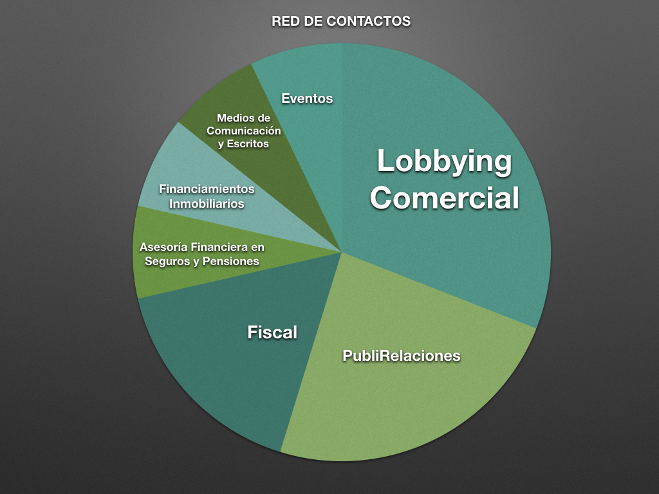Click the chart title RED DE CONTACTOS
pos(341,21)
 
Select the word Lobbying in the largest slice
pos(444,161)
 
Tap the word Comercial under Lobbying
pos(444,198)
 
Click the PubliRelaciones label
pos(402,355)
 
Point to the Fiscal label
pos(272,333)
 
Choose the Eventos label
pos(307,98)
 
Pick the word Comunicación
pos(243,131)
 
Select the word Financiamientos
pos(207,190)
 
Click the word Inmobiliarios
pos(207,203)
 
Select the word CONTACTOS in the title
pos(368,21)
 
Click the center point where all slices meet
pos(341,252)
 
